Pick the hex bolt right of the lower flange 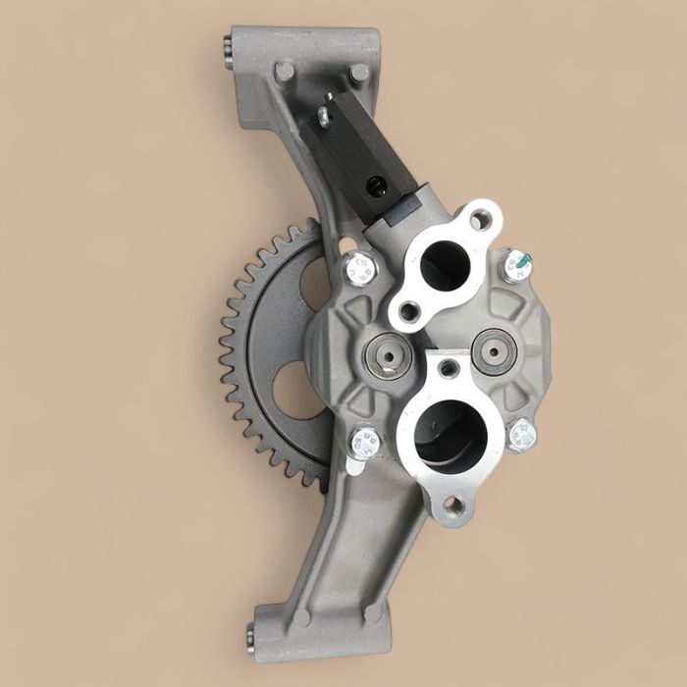click(521, 433)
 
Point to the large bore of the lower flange click(449, 433)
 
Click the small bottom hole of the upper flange click(408, 313)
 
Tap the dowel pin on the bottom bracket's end click(258, 624)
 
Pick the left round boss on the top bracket click(284, 72)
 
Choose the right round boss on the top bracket click(359, 73)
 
